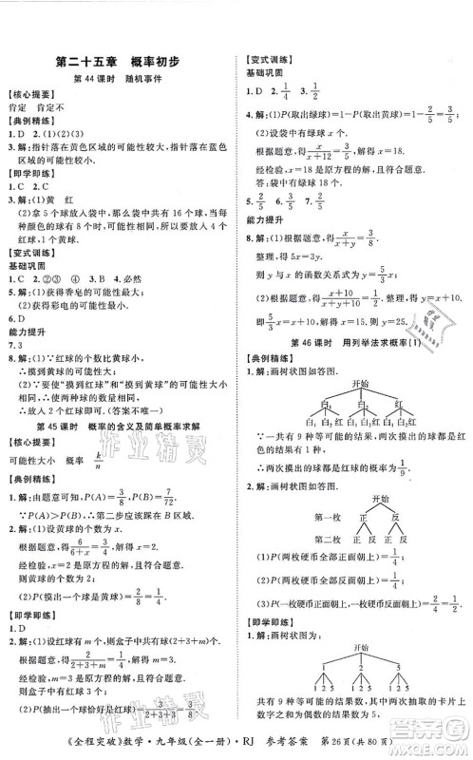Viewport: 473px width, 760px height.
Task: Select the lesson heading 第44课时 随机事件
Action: coord(119,79)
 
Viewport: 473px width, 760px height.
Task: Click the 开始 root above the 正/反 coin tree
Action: coord(353,499)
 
